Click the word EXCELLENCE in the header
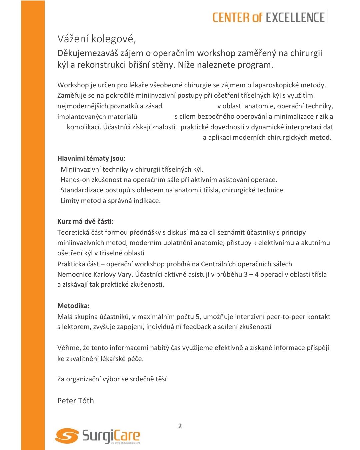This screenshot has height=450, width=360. coord(295,17)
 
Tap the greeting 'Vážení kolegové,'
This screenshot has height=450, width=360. coord(97,39)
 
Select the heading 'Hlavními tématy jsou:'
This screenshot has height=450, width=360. coord(91,158)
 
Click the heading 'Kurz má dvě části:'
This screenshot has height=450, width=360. coord(85,221)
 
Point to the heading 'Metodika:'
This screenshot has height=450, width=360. coord(73,306)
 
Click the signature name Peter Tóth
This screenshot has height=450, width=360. coord(76,401)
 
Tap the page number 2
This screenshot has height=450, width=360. coord(180,426)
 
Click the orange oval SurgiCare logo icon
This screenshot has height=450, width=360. coord(67,436)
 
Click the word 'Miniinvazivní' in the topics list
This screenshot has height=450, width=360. coord(80,169)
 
